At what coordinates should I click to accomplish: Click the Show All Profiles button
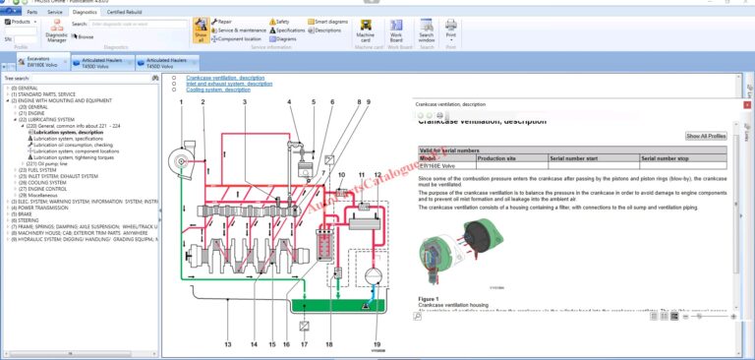706,136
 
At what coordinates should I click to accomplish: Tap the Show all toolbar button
201,29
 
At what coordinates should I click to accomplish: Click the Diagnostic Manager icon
57,31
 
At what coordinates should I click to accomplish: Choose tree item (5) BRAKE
26,213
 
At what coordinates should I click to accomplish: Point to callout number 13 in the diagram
228,344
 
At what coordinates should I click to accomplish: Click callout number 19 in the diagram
378,344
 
